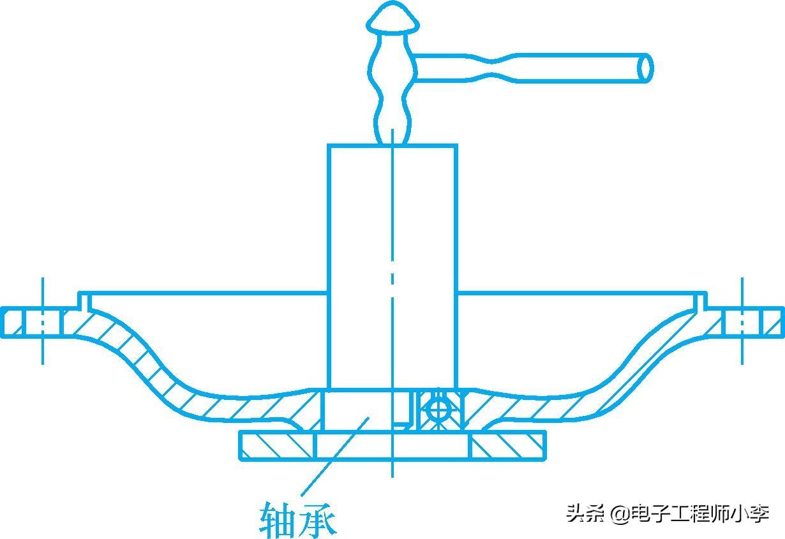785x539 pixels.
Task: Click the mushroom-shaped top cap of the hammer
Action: point(393,17)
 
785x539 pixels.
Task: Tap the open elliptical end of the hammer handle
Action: point(645,68)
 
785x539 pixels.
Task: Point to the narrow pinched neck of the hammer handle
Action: point(492,68)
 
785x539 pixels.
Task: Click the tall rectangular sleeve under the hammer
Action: point(392,266)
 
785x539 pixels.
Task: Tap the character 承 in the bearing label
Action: point(317,521)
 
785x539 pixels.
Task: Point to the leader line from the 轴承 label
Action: point(334,456)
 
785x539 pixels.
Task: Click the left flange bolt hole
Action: point(43,322)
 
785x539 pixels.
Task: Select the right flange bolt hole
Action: point(742,322)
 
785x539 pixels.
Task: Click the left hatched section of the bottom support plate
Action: point(278,446)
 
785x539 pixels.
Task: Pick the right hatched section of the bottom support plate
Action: point(507,446)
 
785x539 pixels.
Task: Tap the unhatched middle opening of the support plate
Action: point(392,446)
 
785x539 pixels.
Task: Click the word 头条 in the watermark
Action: point(585,513)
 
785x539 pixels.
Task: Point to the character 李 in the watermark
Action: point(759,513)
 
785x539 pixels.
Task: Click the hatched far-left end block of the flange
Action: point(13,322)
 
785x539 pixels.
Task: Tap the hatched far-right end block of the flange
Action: point(772,322)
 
